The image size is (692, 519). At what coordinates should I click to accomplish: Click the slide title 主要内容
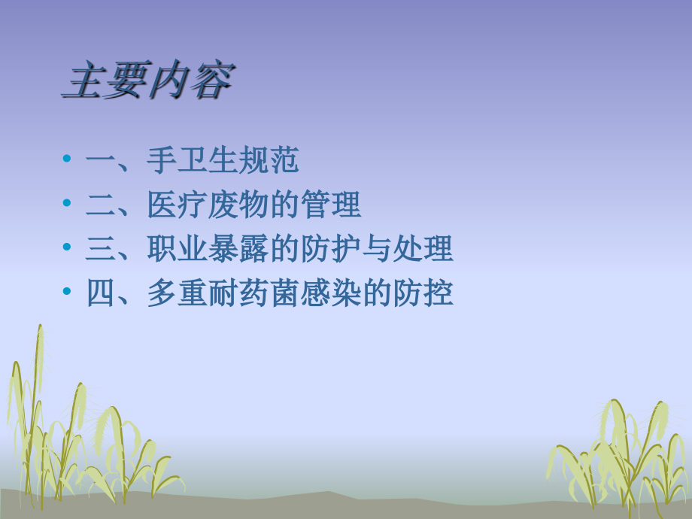[x=147, y=81]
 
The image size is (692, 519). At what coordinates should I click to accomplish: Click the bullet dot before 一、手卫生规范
[x=68, y=159]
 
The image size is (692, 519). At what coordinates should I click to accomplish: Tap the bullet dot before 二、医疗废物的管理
[x=68, y=204]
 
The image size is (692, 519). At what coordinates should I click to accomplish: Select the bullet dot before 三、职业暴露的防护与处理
[x=68, y=248]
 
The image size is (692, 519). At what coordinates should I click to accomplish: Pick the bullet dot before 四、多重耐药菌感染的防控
[x=68, y=293]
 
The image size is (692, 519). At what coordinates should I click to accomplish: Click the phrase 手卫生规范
[x=223, y=160]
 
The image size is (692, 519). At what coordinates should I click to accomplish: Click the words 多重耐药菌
[x=223, y=293]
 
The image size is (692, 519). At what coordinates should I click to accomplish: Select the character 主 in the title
[x=83, y=81]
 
